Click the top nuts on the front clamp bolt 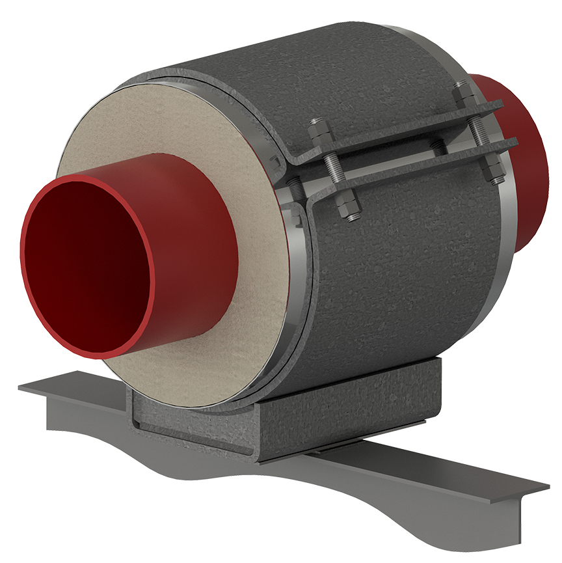[x=321, y=133]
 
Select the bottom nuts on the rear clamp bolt [x=496, y=173]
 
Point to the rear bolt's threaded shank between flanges [x=481, y=133]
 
